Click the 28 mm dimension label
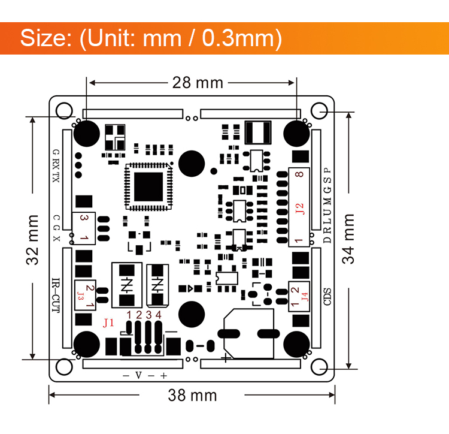coord(198,83)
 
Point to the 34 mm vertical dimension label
coord(348,239)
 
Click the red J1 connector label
coord(108,323)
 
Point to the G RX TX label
coord(56,166)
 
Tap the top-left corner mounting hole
coord(62,110)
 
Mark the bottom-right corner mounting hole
coord(319,367)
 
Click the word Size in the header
coord(45,38)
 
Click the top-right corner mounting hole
coord(319,110)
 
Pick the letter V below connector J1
coord(138,376)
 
